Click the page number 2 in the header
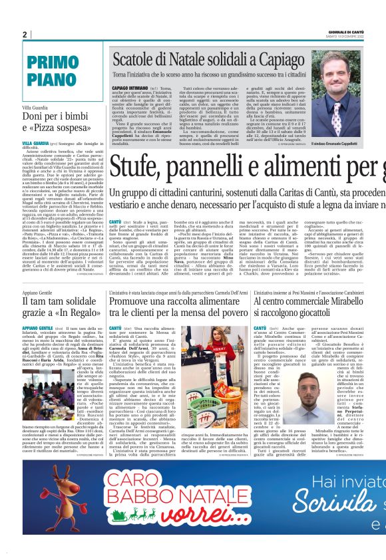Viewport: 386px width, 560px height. (25, 35)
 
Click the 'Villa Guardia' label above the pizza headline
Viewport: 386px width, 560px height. (35, 107)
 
